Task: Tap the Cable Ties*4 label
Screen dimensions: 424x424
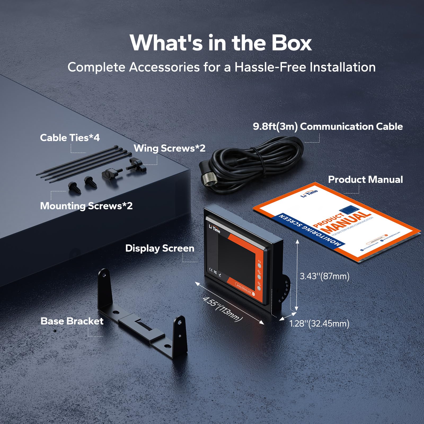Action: click(x=70, y=138)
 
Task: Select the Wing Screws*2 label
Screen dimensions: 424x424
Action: click(x=169, y=148)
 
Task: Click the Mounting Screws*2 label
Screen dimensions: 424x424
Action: click(x=86, y=206)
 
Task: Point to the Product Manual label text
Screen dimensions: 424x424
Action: click(x=365, y=180)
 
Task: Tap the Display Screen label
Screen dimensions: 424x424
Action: click(x=160, y=248)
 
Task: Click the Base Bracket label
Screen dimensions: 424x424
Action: click(x=72, y=321)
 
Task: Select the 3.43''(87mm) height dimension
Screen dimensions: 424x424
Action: click(x=324, y=276)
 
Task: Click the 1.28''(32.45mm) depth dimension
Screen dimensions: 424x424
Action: click(x=319, y=324)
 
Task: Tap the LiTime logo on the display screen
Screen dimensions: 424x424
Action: click(x=214, y=229)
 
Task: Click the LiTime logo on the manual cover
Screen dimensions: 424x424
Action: click(x=309, y=193)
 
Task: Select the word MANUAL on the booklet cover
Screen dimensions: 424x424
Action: click(x=347, y=222)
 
